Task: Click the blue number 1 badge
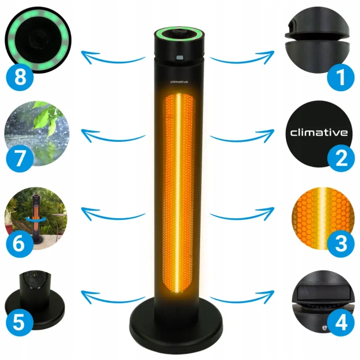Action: (x=341, y=77)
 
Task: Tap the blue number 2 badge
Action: (x=341, y=158)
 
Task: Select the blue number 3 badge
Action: (x=341, y=243)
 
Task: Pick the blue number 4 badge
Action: (x=341, y=322)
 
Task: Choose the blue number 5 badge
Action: (x=20, y=322)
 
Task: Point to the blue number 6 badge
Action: (x=20, y=243)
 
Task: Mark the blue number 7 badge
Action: (x=20, y=158)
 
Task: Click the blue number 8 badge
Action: (x=20, y=77)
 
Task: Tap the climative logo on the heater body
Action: (x=179, y=82)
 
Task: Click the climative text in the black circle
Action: (x=319, y=133)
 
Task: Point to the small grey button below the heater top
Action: (x=179, y=58)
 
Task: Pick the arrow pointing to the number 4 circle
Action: (x=242, y=298)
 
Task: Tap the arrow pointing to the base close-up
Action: (x=113, y=298)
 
